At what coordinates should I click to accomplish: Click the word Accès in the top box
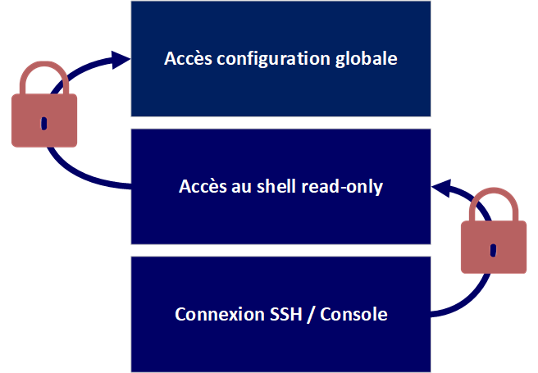(x=186, y=59)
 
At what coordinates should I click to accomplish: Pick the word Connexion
(x=215, y=314)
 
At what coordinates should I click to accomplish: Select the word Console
(x=353, y=314)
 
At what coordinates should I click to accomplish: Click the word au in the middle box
(x=237, y=186)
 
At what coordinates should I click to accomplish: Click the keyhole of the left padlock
(x=43, y=124)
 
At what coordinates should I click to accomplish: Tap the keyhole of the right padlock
(x=492, y=249)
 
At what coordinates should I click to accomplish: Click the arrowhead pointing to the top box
(x=120, y=58)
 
